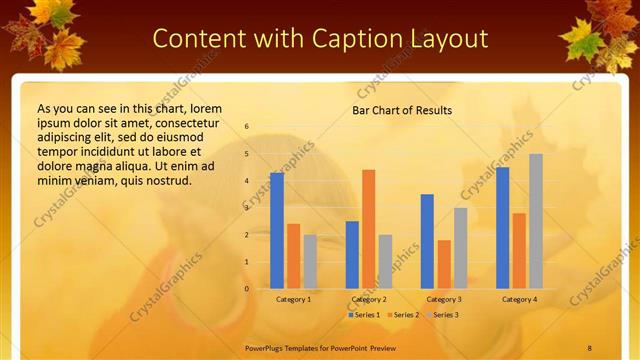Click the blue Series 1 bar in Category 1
click(x=277, y=231)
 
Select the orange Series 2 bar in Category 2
click(x=369, y=229)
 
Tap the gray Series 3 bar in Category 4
click(x=536, y=221)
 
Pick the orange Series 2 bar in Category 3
click(x=444, y=264)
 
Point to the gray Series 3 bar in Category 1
click(x=310, y=262)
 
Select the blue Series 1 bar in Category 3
click(x=427, y=241)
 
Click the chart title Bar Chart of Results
click(x=402, y=110)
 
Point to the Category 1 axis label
click(x=294, y=299)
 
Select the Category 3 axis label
click(x=444, y=299)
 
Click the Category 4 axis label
click(x=519, y=299)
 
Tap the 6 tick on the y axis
click(x=247, y=127)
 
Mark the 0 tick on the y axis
click(x=247, y=289)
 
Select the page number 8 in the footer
click(x=590, y=347)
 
